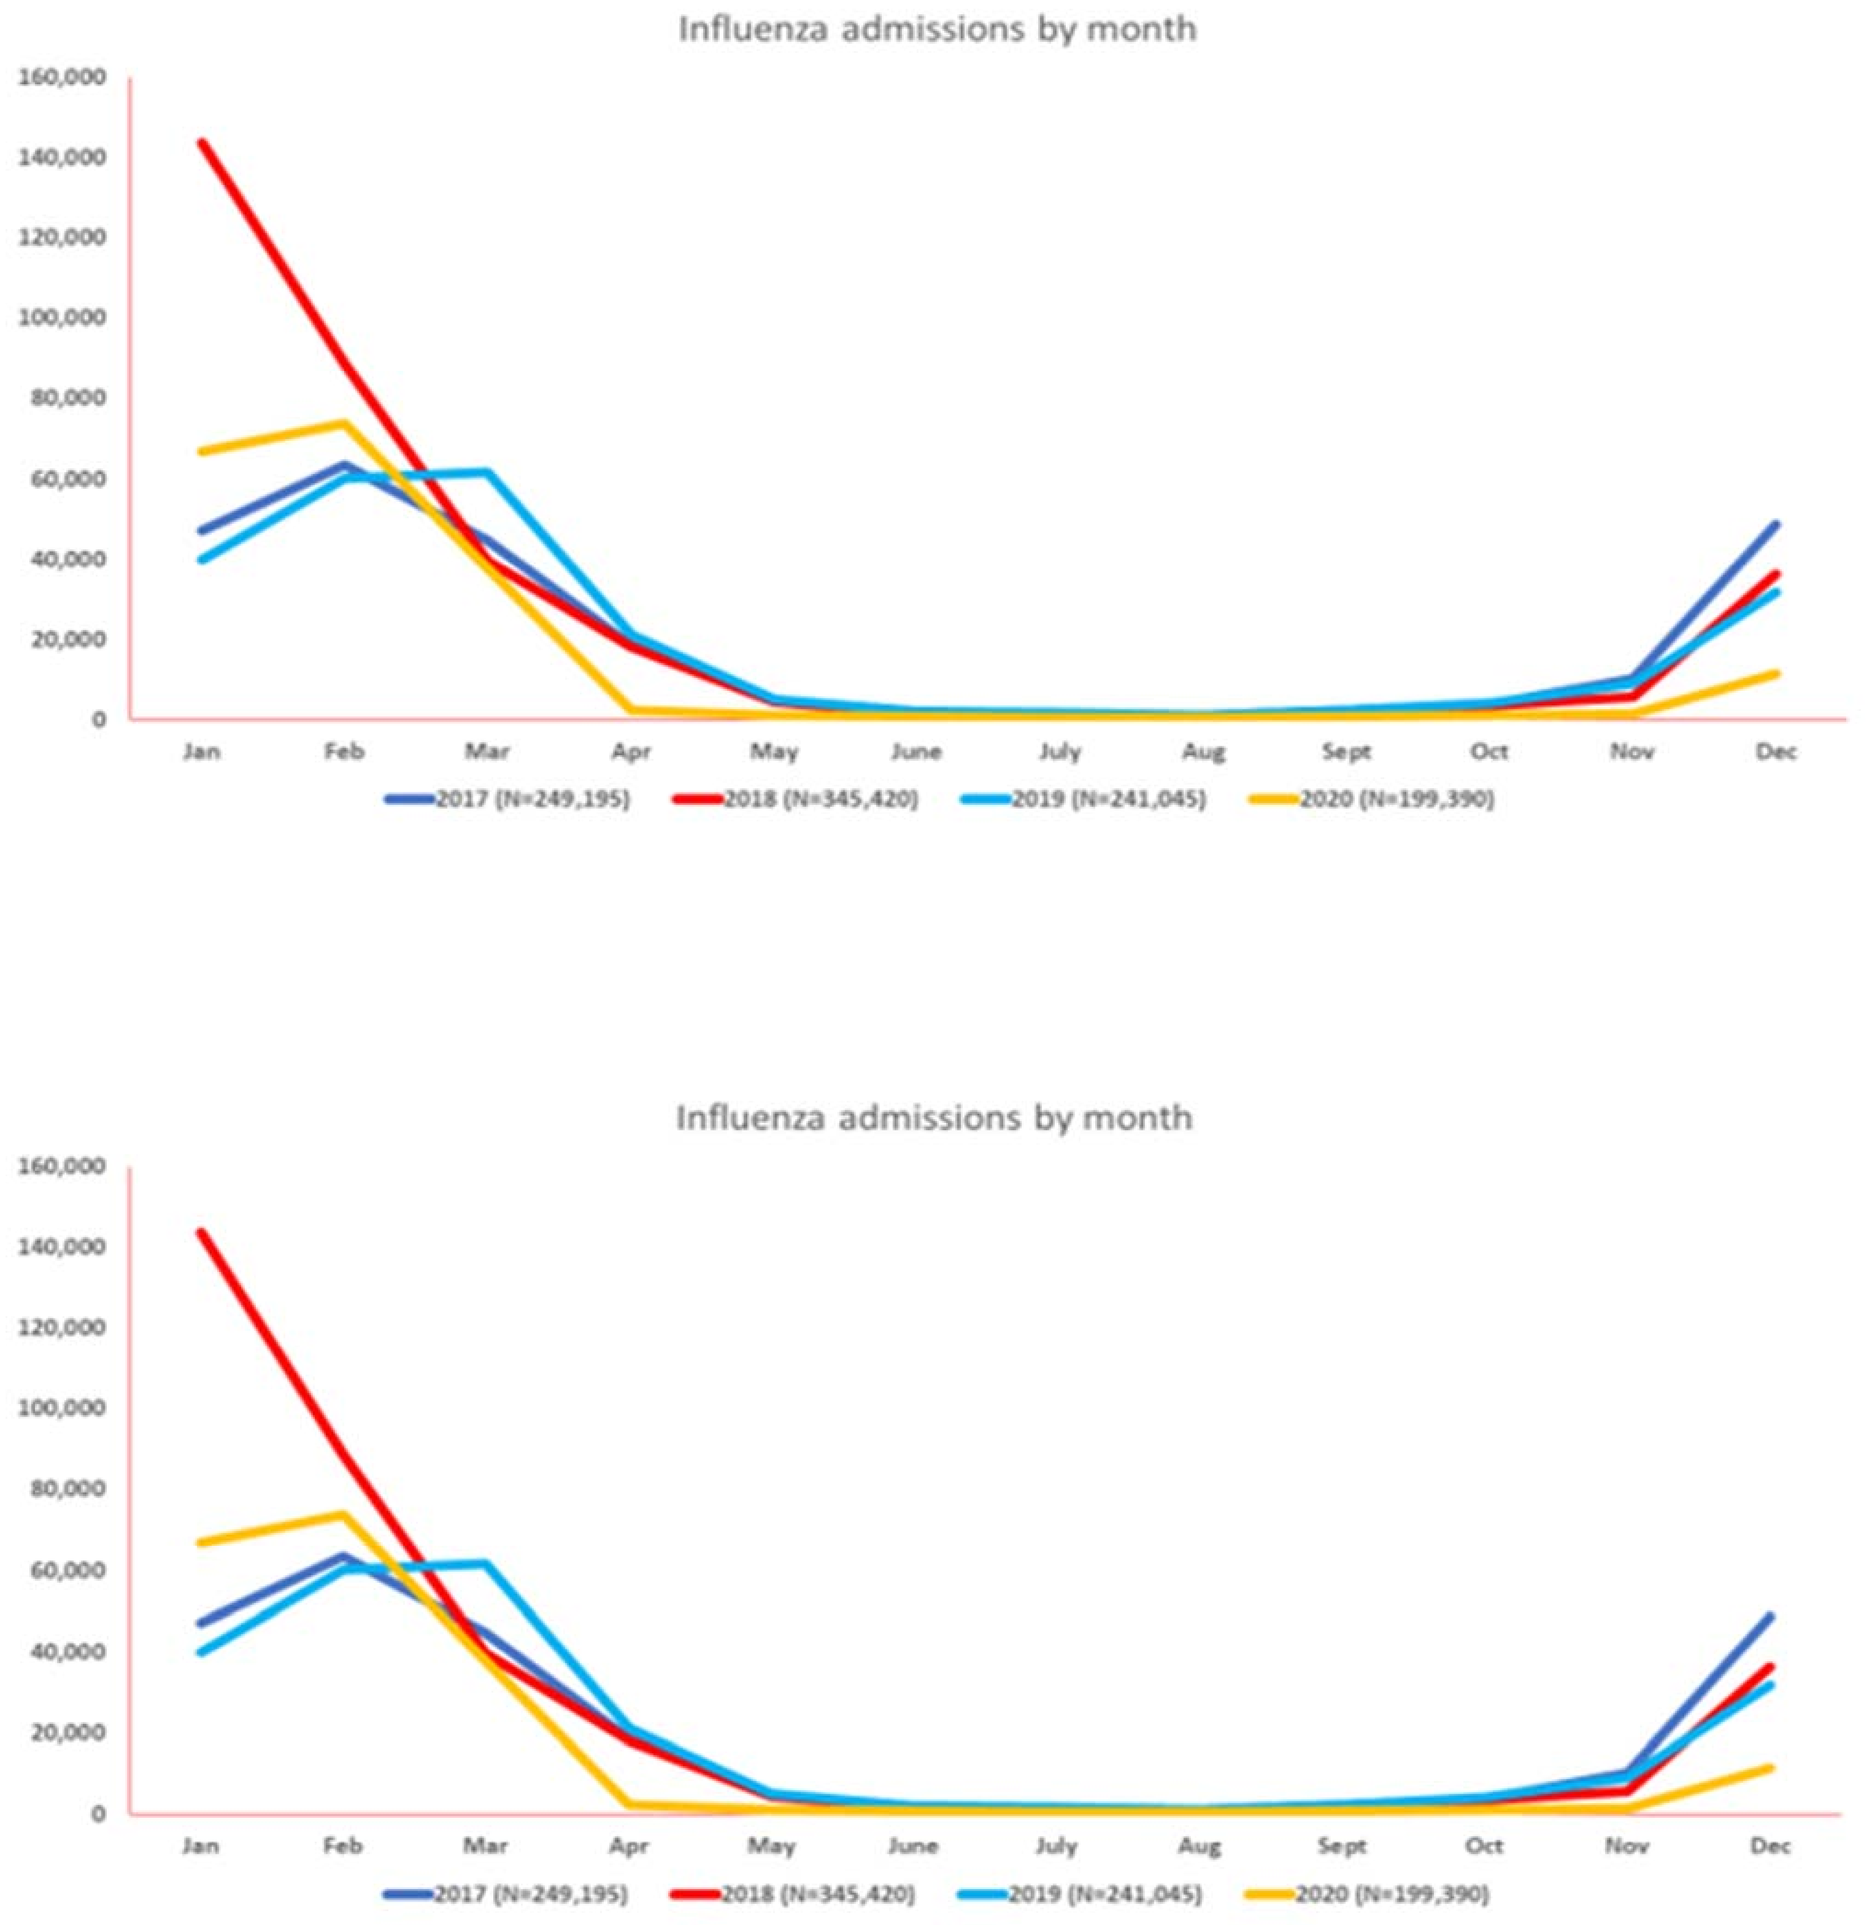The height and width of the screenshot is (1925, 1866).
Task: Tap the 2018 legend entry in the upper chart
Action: point(820,798)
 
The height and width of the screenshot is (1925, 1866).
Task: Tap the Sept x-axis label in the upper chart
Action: point(1346,752)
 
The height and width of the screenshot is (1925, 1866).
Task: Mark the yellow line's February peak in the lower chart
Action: point(344,1514)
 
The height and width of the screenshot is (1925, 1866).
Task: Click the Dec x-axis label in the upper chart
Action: point(1776,752)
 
